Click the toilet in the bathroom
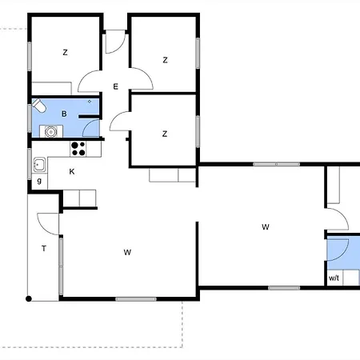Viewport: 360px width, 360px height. pos(39,106)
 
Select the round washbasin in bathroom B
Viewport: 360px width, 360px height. pos(50,131)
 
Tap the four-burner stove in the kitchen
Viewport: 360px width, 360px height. pos(78,149)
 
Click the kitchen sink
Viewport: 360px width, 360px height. pos(39,164)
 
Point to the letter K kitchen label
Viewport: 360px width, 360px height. pos(72,171)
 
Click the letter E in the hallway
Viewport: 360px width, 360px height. pos(115,86)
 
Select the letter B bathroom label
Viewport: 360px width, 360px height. pos(64,114)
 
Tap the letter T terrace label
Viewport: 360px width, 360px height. pos(44,249)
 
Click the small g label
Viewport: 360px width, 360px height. pos(39,181)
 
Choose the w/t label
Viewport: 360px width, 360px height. pos(334,278)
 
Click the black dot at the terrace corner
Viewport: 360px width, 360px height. pos(29,298)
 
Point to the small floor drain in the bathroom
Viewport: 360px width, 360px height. pos(90,102)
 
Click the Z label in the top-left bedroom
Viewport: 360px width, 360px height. pos(65,52)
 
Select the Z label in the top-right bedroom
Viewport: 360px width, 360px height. pos(165,60)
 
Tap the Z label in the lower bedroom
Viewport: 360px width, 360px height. pos(165,134)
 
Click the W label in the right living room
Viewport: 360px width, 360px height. pos(266,227)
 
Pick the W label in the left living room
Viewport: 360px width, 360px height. pos(127,252)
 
